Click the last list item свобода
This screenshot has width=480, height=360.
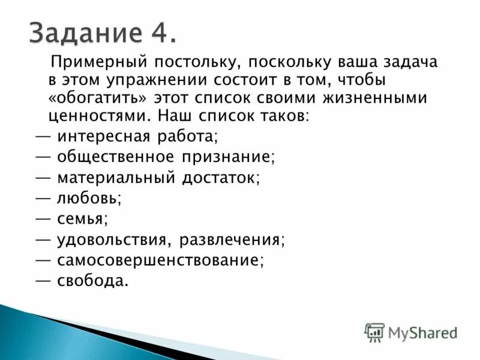92,281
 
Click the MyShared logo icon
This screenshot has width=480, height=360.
374,332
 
